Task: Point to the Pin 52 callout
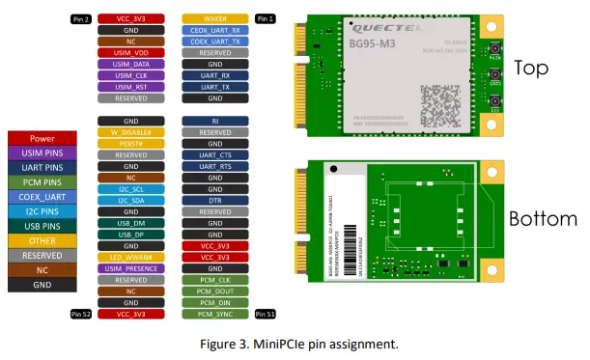click(80, 314)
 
